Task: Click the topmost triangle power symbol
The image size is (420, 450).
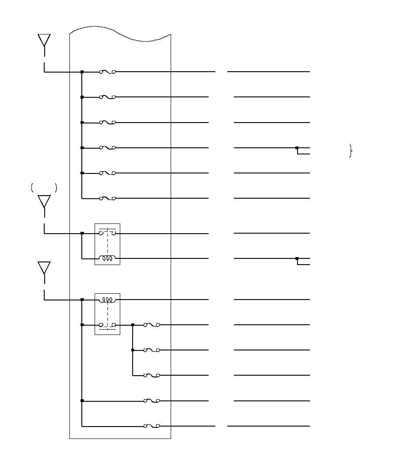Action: click(44, 40)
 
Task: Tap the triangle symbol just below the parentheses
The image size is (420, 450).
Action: click(44, 202)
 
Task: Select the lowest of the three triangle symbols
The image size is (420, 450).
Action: click(44, 268)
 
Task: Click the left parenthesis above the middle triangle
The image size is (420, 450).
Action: click(32, 188)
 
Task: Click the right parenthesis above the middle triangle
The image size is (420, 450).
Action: click(56, 188)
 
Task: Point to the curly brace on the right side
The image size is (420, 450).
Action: click(351, 151)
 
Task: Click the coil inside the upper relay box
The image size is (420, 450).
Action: click(107, 258)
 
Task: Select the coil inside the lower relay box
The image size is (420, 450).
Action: click(107, 300)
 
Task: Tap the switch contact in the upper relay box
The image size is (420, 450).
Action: click(107, 233)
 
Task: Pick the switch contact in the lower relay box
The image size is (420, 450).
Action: click(107, 325)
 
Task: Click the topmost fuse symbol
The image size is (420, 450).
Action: click(107, 72)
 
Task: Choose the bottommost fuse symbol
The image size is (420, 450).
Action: click(152, 426)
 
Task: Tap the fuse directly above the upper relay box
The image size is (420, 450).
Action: click(107, 198)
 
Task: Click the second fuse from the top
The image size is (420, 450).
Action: click(107, 97)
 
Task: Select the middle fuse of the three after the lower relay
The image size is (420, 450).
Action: click(152, 350)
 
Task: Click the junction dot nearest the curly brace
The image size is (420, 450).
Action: click(297, 148)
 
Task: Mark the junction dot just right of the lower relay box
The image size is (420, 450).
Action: click(133, 325)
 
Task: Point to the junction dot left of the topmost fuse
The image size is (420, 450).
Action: click(82, 72)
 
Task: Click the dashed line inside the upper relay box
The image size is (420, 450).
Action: click(107, 246)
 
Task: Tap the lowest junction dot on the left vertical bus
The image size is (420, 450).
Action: click(82, 400)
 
